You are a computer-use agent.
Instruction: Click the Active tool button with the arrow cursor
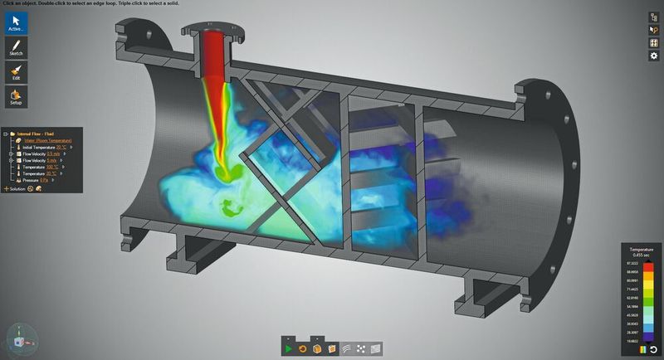click(16, 22)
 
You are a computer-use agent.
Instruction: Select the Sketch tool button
click(16, 46)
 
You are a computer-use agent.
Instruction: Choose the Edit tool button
click(16, 72)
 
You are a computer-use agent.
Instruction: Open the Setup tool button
click(16, 97)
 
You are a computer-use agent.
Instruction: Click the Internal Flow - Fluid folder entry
click(37, 133)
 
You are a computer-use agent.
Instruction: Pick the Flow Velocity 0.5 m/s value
click(54, 154)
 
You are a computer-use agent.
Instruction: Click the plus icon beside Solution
click(6, 189)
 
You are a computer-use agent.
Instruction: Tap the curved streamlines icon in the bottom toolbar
click(347, 348)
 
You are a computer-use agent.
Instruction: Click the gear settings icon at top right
click(653, 56)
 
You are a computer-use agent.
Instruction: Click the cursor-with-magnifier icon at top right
click(653, 30)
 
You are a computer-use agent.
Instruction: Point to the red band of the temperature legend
click(648, 267)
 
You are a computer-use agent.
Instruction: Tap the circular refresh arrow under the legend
click(653, 349)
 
